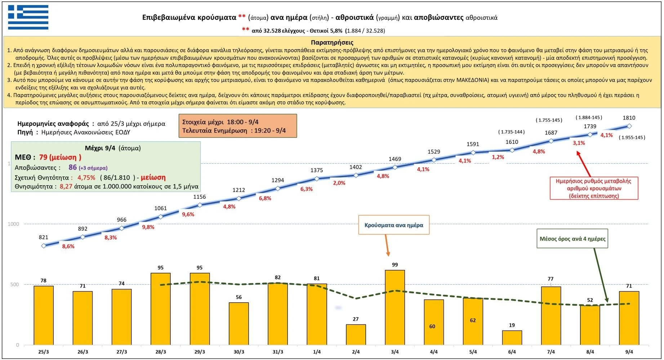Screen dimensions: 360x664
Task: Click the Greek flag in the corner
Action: coord(28,17)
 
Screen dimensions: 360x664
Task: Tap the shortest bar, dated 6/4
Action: coord(512,338)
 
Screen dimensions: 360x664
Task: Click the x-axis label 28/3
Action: coord(161,352)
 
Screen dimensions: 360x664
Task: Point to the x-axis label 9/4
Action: coord(629,352)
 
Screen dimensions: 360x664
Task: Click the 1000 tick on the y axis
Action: coord(13,224)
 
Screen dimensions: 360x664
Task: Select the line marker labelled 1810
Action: coord(629,126)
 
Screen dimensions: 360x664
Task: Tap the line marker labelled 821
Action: coord(44,246)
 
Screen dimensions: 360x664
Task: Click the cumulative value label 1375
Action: coord(317,170)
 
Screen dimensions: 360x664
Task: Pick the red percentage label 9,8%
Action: coord(148,227)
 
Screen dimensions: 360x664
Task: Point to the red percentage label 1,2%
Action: coord(498,157)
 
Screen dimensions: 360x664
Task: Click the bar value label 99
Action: coord(395,265)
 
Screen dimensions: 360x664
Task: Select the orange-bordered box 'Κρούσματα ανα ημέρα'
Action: coord(394,225)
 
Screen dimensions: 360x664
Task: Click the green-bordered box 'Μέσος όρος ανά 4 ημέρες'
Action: coord(572,239)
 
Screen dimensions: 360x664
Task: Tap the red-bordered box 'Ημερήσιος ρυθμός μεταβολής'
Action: coord(593,188)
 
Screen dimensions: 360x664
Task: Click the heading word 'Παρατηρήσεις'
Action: coord(332,43)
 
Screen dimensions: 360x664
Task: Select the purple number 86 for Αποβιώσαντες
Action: coord(73,168)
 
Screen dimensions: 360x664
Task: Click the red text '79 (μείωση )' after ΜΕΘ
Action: coord(60,157)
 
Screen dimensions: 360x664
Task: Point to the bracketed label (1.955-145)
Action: coord(632,137)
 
